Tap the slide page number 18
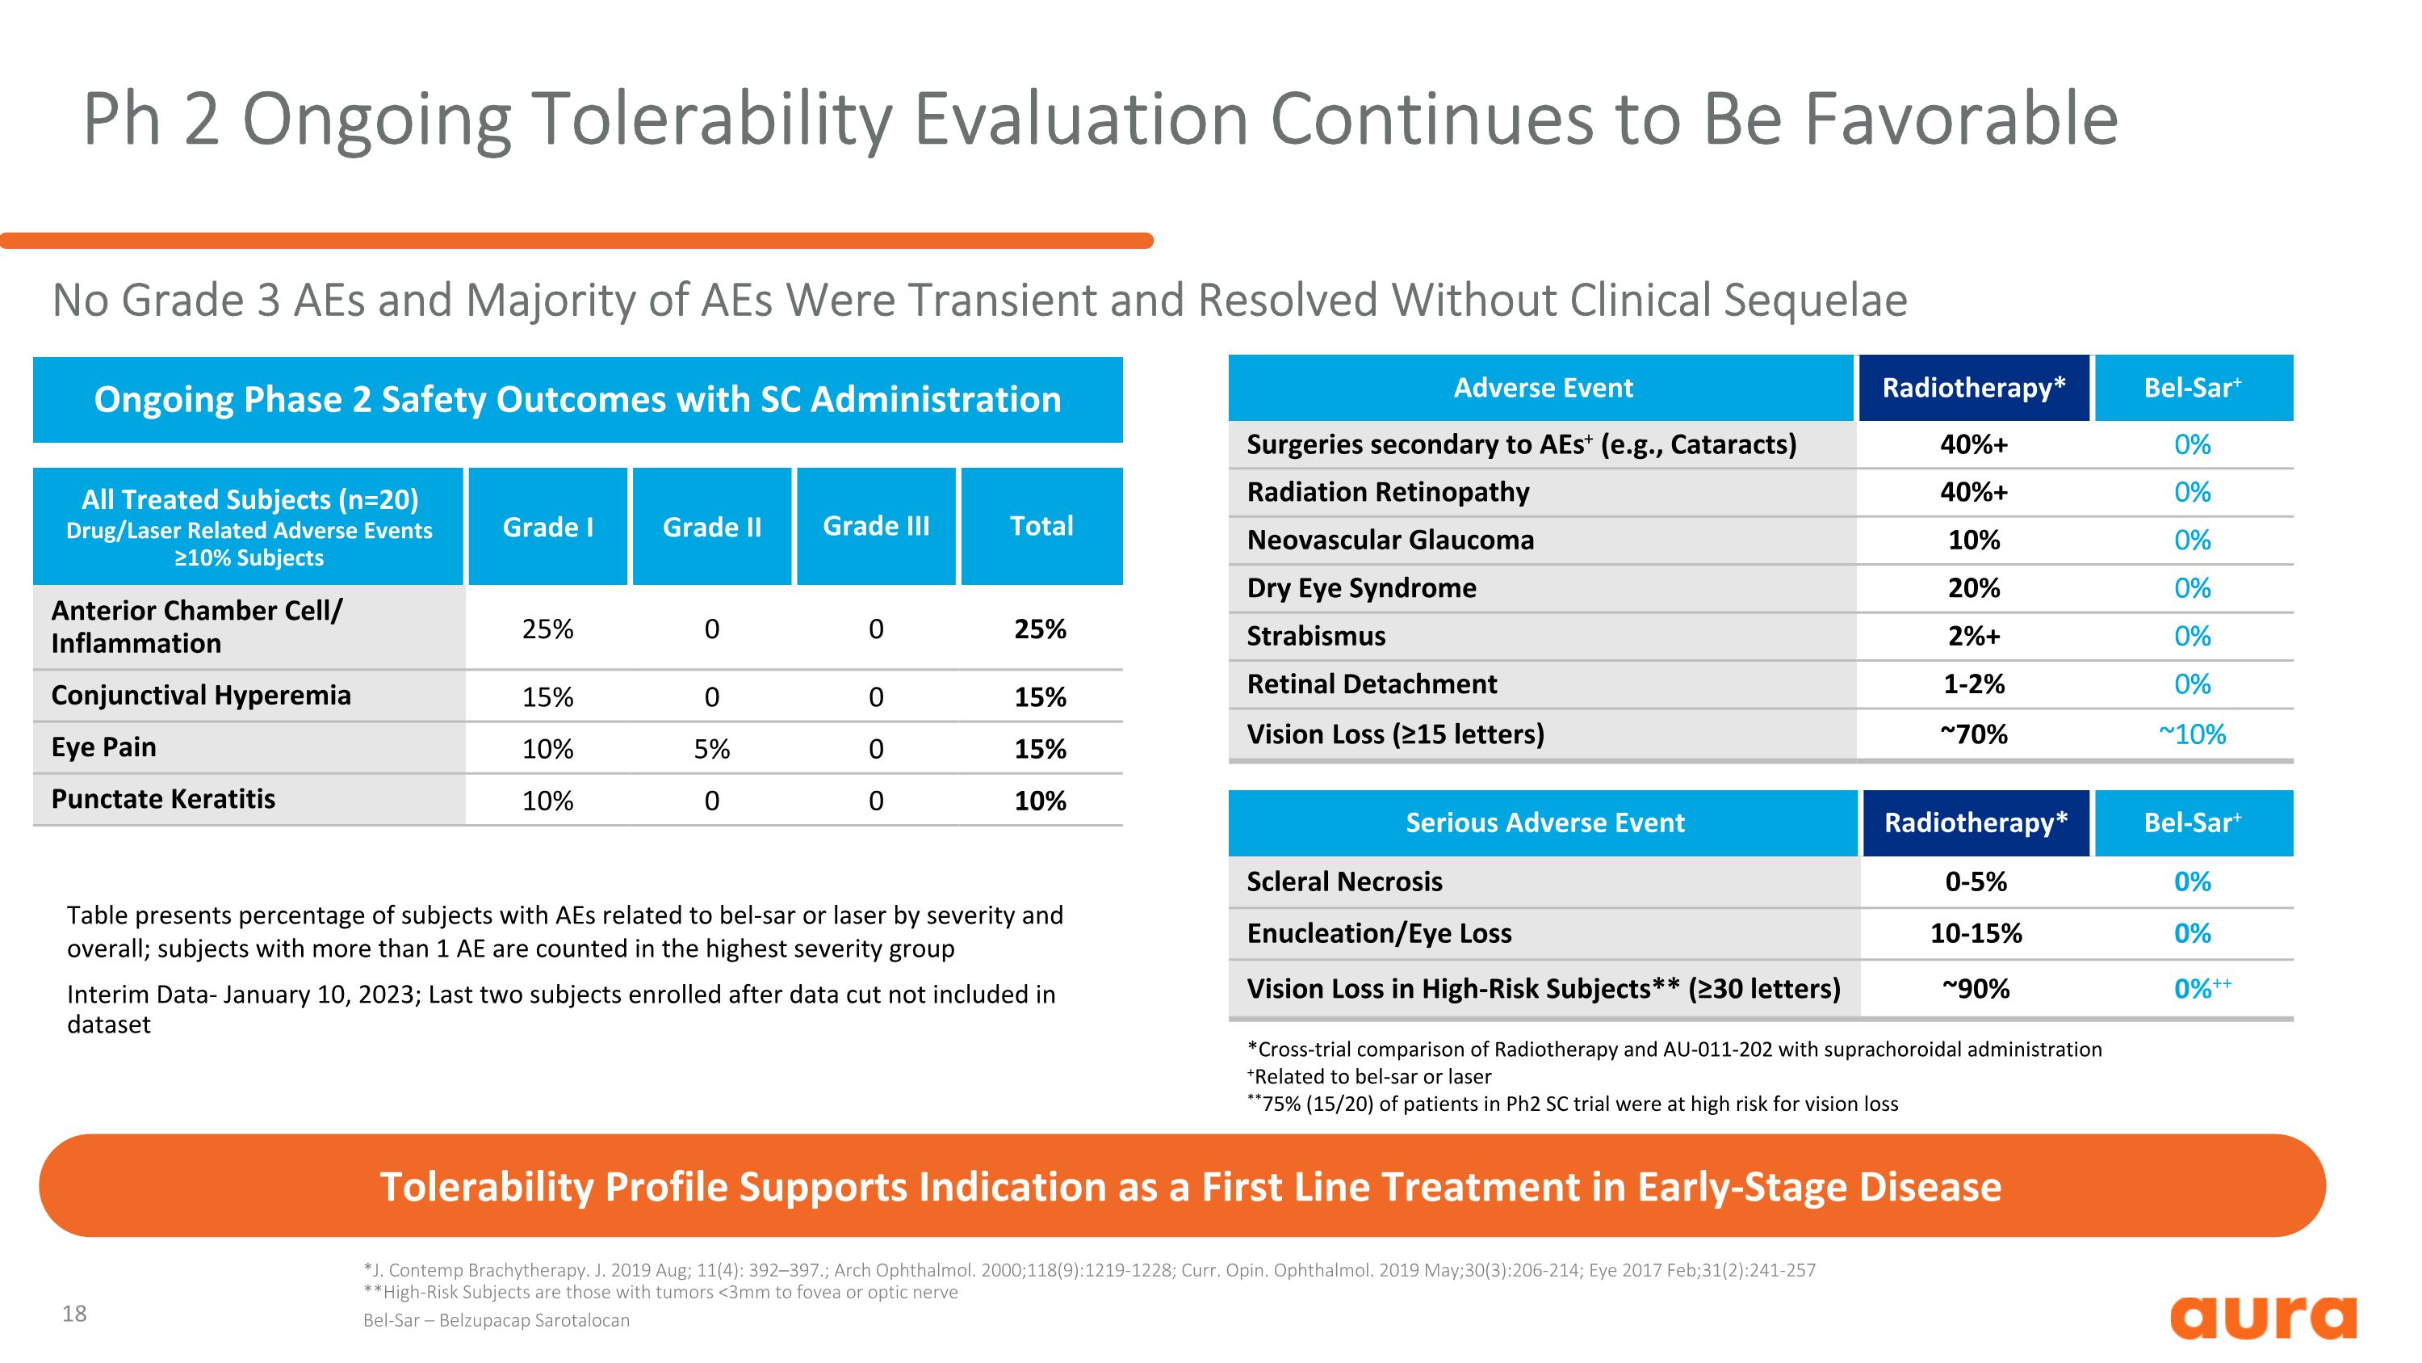point(74,1313)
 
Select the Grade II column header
point(712,527)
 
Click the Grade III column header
point(875,526)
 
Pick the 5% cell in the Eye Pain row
point(712,749)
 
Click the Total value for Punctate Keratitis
point(1040,801)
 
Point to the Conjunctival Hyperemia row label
point(201,695)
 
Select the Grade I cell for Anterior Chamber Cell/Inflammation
point(547,629)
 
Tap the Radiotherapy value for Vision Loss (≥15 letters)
point(1973,734)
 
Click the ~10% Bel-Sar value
point(2192,734)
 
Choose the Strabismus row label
point(1315,636)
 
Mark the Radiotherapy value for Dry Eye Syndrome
point(1973,588)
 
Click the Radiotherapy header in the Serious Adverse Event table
point(1976,822)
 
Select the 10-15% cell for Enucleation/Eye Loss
point(1976,933)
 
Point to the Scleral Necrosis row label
point(1343,881)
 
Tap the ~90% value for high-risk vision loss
point(1976,989)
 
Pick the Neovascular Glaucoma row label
point(1389,540)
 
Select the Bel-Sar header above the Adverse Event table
point(2192,388)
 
